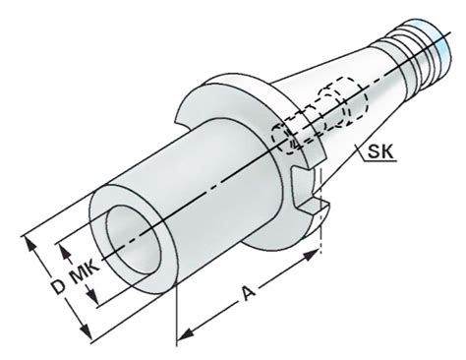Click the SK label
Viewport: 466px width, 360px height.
379,151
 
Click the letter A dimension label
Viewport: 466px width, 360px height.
248,293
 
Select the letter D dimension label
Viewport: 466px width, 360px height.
59,286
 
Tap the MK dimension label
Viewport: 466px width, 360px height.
85,271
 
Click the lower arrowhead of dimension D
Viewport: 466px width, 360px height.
86,331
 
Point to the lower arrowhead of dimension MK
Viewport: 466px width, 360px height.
92,297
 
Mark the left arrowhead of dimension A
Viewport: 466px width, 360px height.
186,333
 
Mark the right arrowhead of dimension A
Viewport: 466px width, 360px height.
312,255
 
